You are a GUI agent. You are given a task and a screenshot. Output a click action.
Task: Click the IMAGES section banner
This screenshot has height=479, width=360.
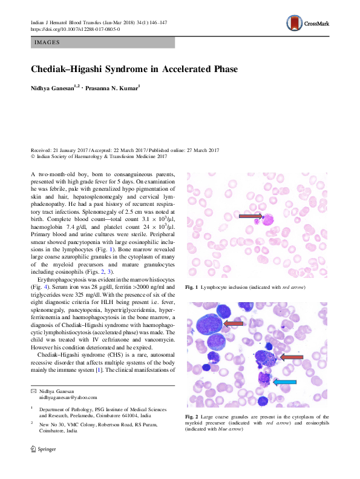(102, 42)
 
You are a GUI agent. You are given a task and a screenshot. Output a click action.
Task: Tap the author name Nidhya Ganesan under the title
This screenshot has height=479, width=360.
(51, 88)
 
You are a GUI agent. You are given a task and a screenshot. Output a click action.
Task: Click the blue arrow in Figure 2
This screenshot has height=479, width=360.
(285, 382)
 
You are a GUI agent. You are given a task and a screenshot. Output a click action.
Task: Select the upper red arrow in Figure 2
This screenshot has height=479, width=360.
(233, 325)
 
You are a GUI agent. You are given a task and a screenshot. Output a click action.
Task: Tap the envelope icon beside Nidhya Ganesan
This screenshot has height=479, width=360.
(33, 391)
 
